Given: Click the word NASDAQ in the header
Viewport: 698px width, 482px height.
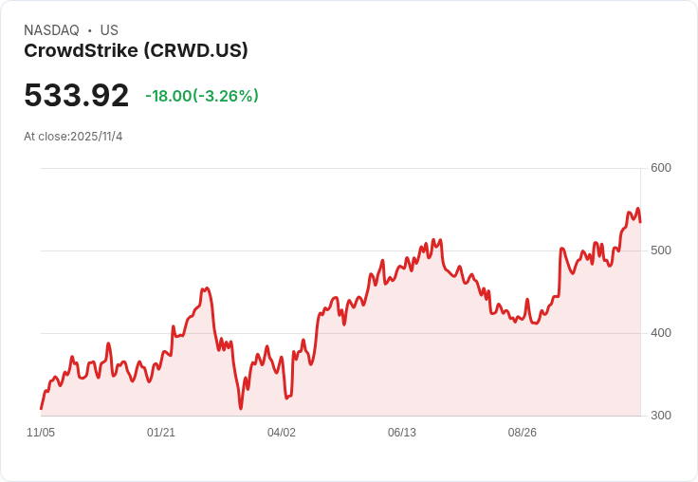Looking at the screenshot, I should pyautogui.click(x=51, y=30).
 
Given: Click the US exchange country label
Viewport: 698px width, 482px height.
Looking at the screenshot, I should pyautogui.click(x=109, y=30).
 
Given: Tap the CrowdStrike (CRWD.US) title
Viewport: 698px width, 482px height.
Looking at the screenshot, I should pyautogui.click(x=136, y=51).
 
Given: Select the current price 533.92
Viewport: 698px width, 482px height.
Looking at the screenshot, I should pyautogui.click(x=76, y=96).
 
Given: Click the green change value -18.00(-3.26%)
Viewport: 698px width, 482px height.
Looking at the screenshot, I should pyautogui.click(x=202, y=96).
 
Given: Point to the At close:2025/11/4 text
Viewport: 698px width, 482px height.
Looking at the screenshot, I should pyautogui.click(x=73, y=137).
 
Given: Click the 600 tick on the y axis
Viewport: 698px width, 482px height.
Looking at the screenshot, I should pyautogui.click(x=661, y=168).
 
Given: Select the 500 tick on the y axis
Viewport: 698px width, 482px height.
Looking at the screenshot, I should pyautogui.click(x=661, y=250).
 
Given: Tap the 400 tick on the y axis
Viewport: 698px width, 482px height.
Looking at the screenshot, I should pyautogui.click(x=661, y=333).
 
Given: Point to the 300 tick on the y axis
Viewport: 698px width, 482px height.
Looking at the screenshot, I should pyautogui.click(x=661, y=416).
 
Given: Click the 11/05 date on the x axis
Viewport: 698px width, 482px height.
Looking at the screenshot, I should pyautogui.click(x=41, y=433).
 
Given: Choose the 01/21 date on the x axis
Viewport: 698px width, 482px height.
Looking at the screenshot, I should pyautogui.click(x=161, y=433).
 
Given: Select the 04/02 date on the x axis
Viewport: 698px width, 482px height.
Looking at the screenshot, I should pyautogui.click(x=282, y=433).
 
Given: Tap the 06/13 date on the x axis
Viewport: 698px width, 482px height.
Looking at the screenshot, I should pyautogui.click(x=402, y=433).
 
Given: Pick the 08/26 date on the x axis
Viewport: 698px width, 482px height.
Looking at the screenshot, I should pyautogui.click(x=523, y=433).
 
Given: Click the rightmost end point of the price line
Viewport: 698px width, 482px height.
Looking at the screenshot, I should pyautogui.click(x=640, y=222).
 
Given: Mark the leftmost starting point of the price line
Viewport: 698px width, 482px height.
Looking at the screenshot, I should pyautogui.click(x=41, y=409).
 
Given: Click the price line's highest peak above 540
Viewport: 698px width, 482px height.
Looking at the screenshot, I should pyautogui.click(x=637, y=209).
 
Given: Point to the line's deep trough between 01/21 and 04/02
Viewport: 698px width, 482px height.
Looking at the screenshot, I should pyautogui.click(x=241, y=408).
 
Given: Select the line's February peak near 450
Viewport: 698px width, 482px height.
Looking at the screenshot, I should pyautogui.click(x=207, y=287).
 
